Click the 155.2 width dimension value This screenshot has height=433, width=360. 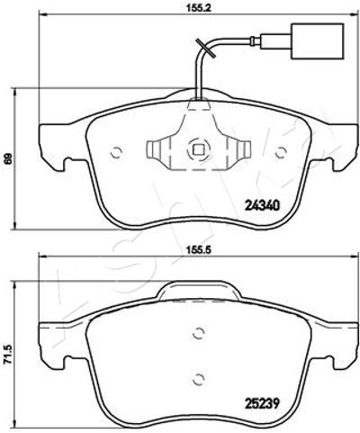point(198,8)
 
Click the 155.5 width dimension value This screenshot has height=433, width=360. point(198,249)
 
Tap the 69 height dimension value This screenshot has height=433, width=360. point(8,158)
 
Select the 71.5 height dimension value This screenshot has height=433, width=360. point(8,355)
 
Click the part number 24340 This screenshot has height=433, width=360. point(263,205)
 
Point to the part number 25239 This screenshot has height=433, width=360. point(262,403)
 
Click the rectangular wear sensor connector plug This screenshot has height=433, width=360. point(318,41)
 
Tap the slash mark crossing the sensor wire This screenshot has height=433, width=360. point(205,49)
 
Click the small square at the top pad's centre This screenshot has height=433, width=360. point(197,149)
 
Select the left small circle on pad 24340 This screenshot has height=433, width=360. point(116,152)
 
